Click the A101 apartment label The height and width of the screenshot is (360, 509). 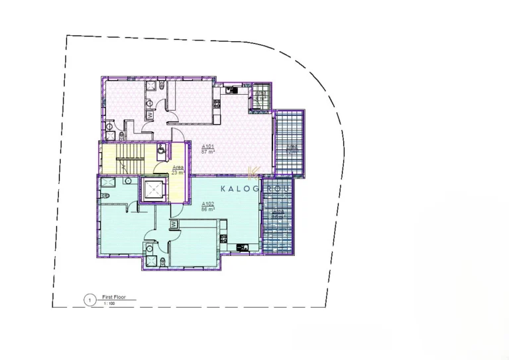pyautogui.click(x=207, y=147)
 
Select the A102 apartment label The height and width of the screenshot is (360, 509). pyautogui.click(x=207, y=203)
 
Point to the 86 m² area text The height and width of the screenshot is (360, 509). pyautogui.click(x=207, y=208)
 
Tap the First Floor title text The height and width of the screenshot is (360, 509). pyautogui.click(x=114, y=298)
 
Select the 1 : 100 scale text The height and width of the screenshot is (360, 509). pyautogui.click(x=109, y=304)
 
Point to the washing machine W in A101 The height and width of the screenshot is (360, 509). pyautogui.click(x=150, y=115)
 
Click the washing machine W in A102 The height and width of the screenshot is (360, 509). pyautogui.click(x=174, y=225)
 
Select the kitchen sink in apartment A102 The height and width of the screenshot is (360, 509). pyautogui.click(x=241, y=248)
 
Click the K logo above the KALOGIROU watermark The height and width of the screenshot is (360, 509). pyautogui.click(x=252, y=174)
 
